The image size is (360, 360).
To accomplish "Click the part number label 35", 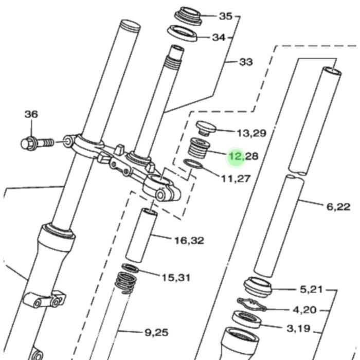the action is [x=226, y=16].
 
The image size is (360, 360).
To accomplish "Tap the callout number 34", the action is [x=219, y=38].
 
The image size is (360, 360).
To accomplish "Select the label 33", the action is [x=246, y=62].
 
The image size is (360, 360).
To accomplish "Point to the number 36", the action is [x=31, y=114].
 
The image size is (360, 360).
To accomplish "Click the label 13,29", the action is [x=251, y=133].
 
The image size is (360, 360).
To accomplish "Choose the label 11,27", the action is [x=236, y=178].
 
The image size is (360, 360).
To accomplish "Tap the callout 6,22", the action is [x=338, y=207].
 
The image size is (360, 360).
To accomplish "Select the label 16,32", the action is [x=189, y=241].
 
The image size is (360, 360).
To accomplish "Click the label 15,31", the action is [x=176, y=278].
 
